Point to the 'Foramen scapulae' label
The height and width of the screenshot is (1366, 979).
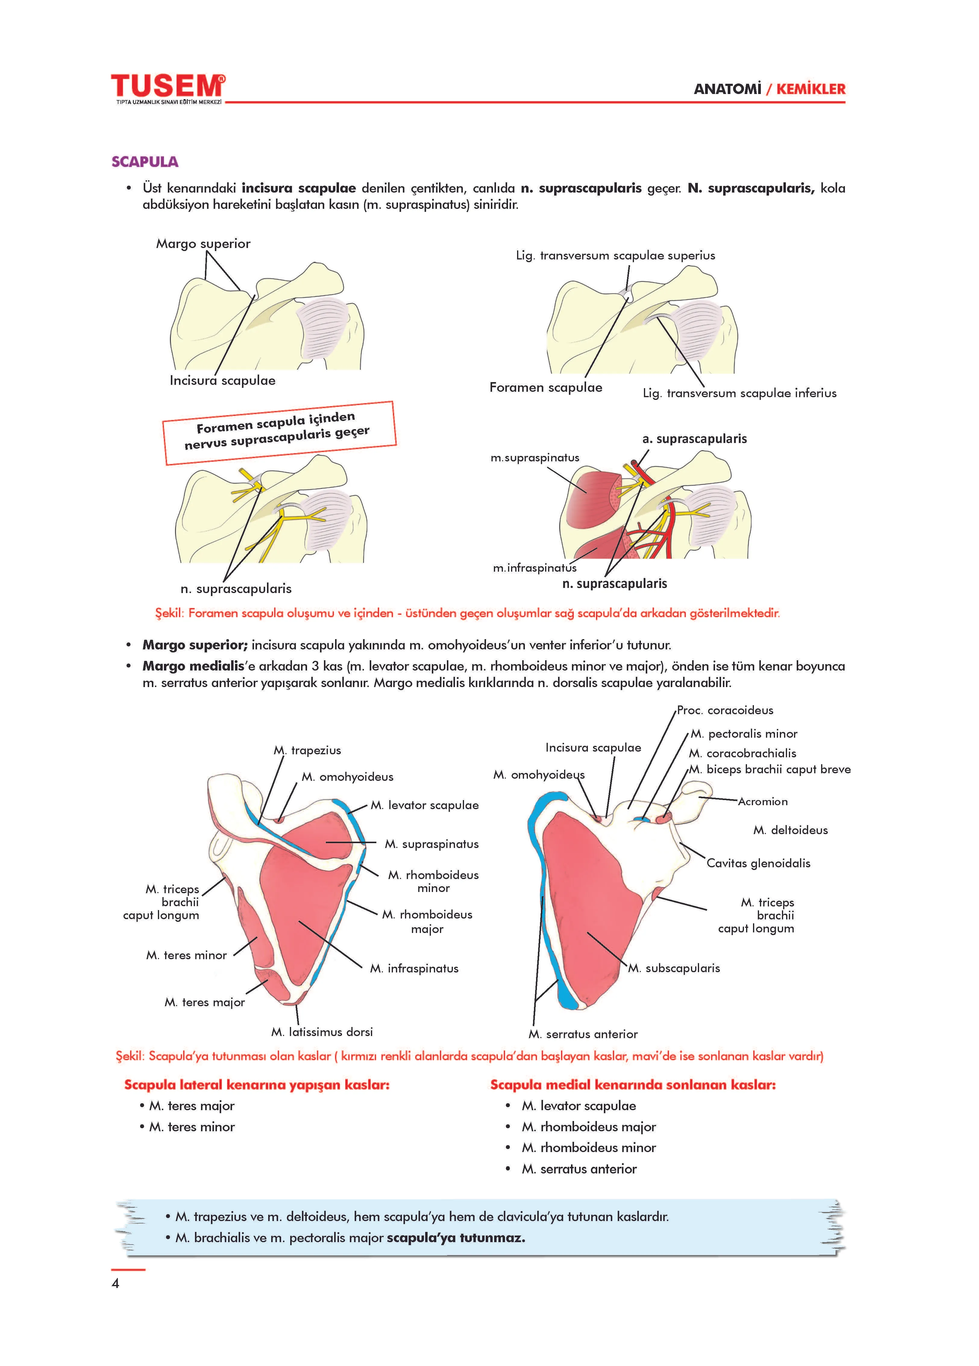(545, 387)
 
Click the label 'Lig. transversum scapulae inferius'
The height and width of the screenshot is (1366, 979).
(739, 393)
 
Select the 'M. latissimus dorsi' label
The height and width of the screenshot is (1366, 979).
(322, 1032)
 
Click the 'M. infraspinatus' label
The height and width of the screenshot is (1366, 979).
(414, 969)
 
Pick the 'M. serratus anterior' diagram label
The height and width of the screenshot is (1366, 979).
(583, 1034)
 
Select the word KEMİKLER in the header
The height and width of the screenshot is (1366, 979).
(811, 89)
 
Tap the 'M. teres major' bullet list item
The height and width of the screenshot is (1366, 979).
(191, 1106)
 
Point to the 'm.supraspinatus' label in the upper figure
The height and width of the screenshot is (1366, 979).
(535, 458)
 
